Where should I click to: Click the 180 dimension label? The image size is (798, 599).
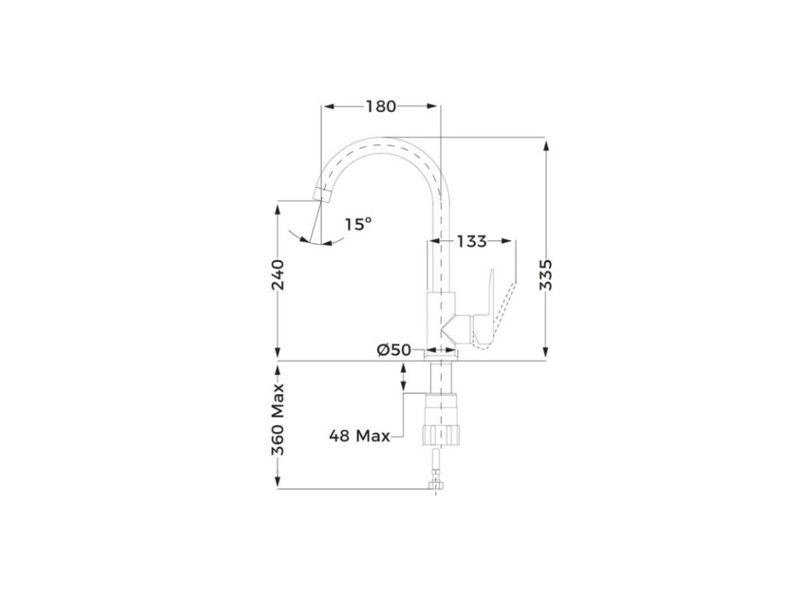[x=380, y=106]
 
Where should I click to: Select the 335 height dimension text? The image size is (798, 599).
[x=546, y=275]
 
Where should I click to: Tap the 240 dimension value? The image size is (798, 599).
[x=278, y=275]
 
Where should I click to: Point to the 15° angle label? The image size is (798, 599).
[x=358, y=224]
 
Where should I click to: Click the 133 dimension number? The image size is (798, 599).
[x=471, y=241]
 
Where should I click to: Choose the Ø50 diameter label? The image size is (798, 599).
[x=394, y=350]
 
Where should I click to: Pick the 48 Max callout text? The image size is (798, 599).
[x=359, y=436]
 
